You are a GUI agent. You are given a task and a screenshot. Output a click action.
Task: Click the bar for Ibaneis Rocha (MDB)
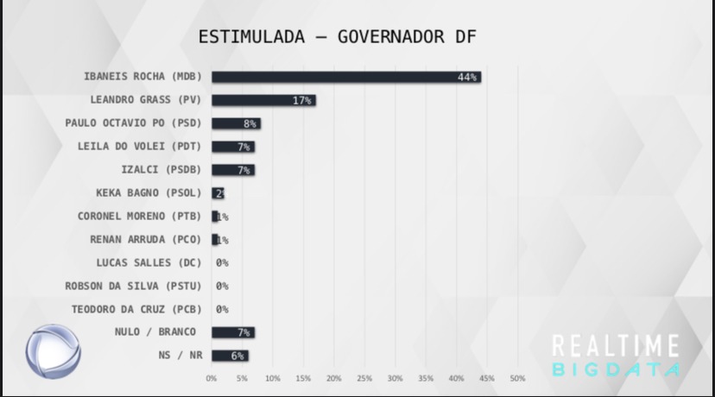tap(345, 77)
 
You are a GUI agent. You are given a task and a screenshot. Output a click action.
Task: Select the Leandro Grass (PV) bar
tap(263, 100)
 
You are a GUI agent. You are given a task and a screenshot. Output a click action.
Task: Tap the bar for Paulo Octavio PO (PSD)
tap(236, 123)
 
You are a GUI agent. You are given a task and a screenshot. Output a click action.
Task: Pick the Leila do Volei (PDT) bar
tap(232, 147)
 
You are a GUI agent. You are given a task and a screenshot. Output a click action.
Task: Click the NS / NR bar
tap(230, 356)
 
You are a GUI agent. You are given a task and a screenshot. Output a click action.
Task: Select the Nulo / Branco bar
tap(232, 332)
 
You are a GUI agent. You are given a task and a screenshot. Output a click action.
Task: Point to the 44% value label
tap(467, 77)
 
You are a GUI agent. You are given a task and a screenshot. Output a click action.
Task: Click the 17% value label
tap(301, 100)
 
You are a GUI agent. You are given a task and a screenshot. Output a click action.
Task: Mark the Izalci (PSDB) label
tap(161, 169)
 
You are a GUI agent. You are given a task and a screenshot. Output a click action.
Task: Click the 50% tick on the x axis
tap(517, 378)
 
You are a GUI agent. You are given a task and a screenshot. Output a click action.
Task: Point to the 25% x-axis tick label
tap(364, 378)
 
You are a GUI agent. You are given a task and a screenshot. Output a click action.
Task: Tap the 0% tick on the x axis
tap(212, 378)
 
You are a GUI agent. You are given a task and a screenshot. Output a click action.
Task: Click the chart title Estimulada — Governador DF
tap(338, 37)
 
